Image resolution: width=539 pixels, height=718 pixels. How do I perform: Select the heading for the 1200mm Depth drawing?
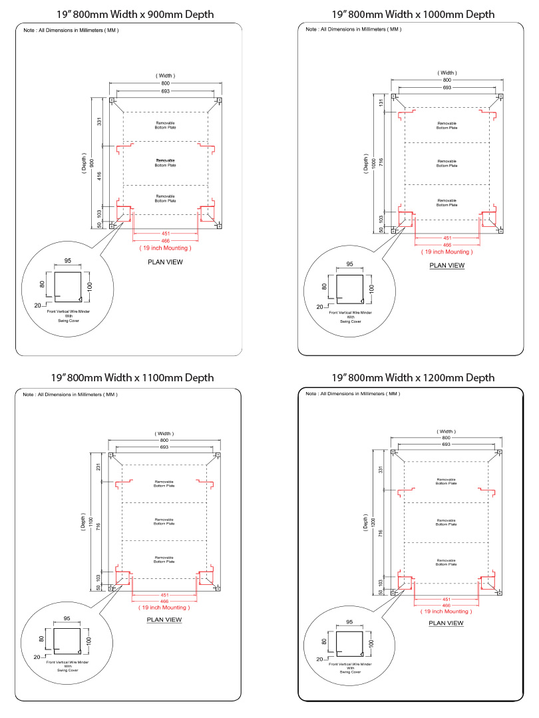pyautogui.click(x=413, y=377)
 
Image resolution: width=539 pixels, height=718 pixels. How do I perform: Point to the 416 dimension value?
pyautogui.click(x=100, y=176)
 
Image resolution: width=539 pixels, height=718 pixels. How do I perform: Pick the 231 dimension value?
pyautogui.click(x=100, y=467)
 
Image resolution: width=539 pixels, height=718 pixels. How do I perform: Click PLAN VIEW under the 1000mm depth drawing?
pyautogui.click(x=447, y=266)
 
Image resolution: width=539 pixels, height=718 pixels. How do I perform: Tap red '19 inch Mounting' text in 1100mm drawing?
pyautogui.click(x=164, y=607)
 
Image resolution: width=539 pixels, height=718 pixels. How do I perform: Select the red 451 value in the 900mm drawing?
pyautogui.click(x=166, y=233)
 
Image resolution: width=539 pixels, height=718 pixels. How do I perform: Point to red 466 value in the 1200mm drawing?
pyautogui.click(x=447, y=605)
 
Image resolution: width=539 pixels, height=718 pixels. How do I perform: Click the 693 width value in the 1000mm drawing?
pyautogui.click(x=447, y=87)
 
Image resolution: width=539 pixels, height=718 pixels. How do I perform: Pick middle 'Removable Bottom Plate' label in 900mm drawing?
pyautogui.click(x=166, y=163)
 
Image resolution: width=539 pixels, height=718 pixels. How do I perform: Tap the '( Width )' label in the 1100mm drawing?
pyautogui.click(x=164, y=434)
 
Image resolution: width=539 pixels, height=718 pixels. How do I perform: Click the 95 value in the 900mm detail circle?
pyautogui.click(x=67, y=261)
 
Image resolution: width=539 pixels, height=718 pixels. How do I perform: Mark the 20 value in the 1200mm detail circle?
pyautogui.click(x=319, y=659)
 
